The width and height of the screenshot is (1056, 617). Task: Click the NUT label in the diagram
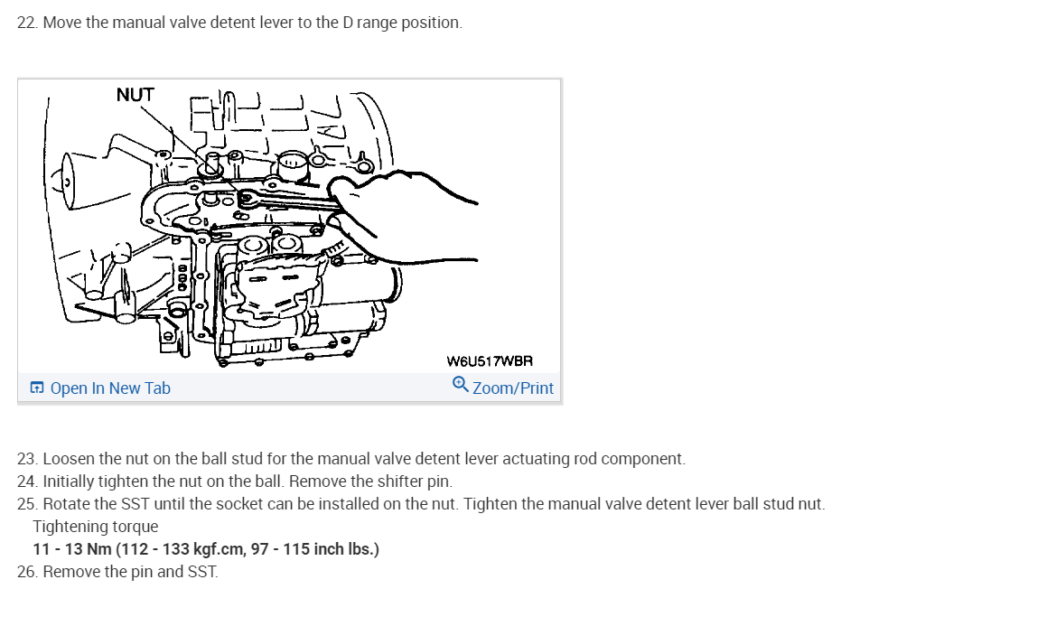[136, 95]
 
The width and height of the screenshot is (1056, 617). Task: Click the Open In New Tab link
[109, 388]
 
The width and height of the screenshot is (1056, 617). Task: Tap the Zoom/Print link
[512, 388]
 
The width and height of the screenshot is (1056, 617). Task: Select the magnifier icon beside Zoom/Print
[460, 385]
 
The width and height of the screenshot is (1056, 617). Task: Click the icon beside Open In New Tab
[37, 388]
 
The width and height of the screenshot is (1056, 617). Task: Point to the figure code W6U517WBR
[490, 361]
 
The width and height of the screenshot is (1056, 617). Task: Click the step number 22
[26, 23]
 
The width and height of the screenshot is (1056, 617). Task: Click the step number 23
[26, 459]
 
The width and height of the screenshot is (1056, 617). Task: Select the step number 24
[26, 481]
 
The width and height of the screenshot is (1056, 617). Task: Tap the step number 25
[26, 504]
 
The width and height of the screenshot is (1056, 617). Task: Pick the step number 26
[26, 572]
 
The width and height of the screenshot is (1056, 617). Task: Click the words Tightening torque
[95, 527]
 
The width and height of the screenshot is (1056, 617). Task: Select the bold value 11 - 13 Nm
[71, 549]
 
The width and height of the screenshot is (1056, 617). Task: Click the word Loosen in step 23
[68, 459]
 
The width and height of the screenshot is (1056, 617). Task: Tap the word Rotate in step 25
[66, 504]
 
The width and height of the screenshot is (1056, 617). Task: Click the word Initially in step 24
[69, 481]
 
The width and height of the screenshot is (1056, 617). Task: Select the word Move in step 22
[62, 23]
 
